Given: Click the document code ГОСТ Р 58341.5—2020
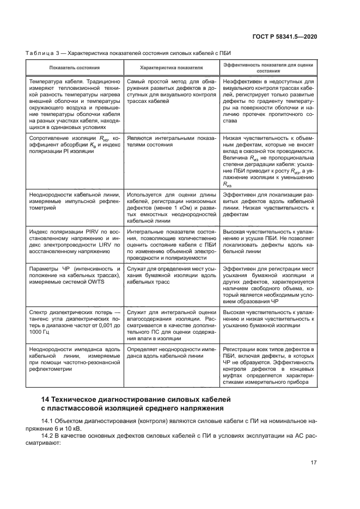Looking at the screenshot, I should pos(292,36).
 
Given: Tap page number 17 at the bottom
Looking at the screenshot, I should pos(313,463).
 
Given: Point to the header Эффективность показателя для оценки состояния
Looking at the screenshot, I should pos(269,68).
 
